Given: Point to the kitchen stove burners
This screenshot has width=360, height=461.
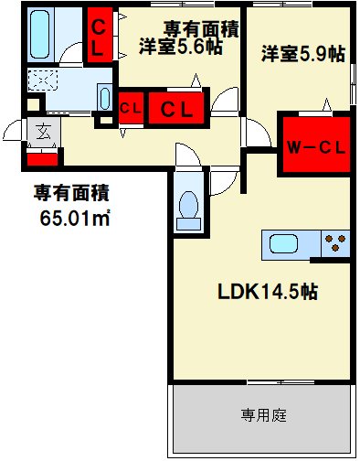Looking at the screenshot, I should pyautogui.click(x=336, y=244).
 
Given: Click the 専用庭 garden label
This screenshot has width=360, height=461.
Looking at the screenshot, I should pyautogui.click(x=263, y=416).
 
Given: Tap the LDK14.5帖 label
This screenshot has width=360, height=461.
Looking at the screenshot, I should pyautogui.click(x=267, y=294).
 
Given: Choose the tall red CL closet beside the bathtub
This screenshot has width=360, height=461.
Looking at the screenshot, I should pyautogui.click(x=98, y=34).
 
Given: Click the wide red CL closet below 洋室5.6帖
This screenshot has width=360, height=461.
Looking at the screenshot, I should pyautogui.click(x=177, y=108).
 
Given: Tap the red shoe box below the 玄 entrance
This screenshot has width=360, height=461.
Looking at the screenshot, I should pyautogui.click(x=42, y=157).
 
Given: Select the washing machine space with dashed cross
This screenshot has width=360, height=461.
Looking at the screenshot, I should pyautogui.click(x=44, y=80).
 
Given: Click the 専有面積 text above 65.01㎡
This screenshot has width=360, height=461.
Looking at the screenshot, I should pyautogui.click(x=71, y=193).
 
